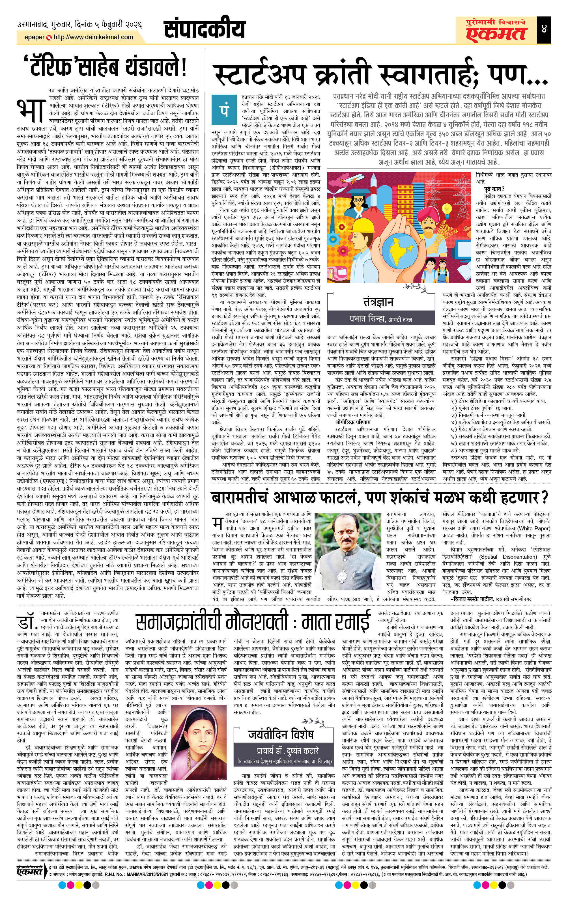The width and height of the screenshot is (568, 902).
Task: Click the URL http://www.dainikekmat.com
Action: pos(93,37)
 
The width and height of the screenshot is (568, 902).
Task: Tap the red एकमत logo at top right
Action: pos(495,34)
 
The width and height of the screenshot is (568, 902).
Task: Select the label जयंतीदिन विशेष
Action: pos(281,734)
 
